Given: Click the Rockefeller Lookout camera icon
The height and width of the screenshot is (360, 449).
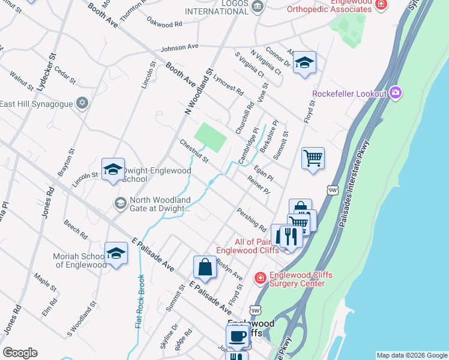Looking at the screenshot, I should pos(395,92).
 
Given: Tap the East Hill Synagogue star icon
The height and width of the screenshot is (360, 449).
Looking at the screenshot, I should pos(82,104).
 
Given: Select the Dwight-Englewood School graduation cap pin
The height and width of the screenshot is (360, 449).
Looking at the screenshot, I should pos(113,170).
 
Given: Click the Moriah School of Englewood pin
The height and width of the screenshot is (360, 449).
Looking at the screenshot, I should pos(116,253).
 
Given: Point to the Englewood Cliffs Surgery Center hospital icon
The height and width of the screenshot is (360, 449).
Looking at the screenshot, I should pos(260,277).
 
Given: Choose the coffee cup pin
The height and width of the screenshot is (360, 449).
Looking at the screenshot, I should pos(238,336).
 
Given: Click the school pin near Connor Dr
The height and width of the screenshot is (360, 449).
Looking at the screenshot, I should pos(304,63).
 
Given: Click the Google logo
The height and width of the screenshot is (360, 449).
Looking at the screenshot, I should pos(20,352).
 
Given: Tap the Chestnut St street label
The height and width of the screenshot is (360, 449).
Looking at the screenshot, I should pos(194,151).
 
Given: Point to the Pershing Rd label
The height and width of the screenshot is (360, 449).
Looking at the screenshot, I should pos(252,220).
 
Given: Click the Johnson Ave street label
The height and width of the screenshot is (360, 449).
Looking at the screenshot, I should pos(179,48).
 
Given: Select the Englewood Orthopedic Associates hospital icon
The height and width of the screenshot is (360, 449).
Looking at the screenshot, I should pos(380,5).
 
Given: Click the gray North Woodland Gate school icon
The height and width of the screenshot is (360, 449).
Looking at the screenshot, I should pos(120,204).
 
